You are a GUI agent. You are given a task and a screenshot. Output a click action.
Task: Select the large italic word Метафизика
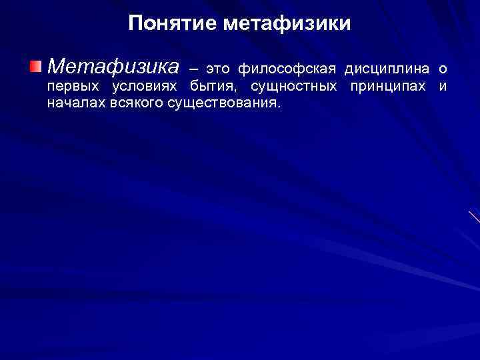pyautogui.click(x=113, y=67)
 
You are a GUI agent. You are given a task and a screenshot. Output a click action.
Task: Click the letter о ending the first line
pyautogui.click(x=442, y=69)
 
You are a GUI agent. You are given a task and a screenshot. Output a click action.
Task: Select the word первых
pyautogui.click(x=72, y=87)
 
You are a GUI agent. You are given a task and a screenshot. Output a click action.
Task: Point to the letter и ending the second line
pyautogui.click(x=442, y=87)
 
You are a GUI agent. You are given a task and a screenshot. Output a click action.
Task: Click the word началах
pyautogui.click(x=75, y=103)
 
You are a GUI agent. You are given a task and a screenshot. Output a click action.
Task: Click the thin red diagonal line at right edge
pyautogui.click(x=474, y=216)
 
